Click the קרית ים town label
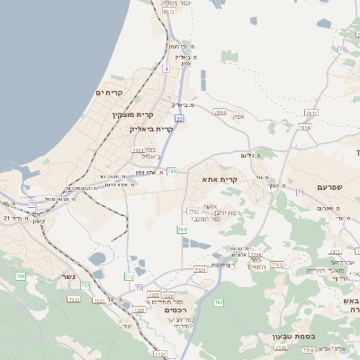pos(108,93)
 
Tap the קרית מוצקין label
pos(134,114)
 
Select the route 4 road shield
pos(166,68)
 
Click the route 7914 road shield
pos(220,112)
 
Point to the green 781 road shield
pos(171,170)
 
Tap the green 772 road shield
pos(130,277)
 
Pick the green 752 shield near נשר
pos(85,285)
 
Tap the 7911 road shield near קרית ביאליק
pos(137,150)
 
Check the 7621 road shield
pos(200,269)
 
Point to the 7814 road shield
pos(305,128)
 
